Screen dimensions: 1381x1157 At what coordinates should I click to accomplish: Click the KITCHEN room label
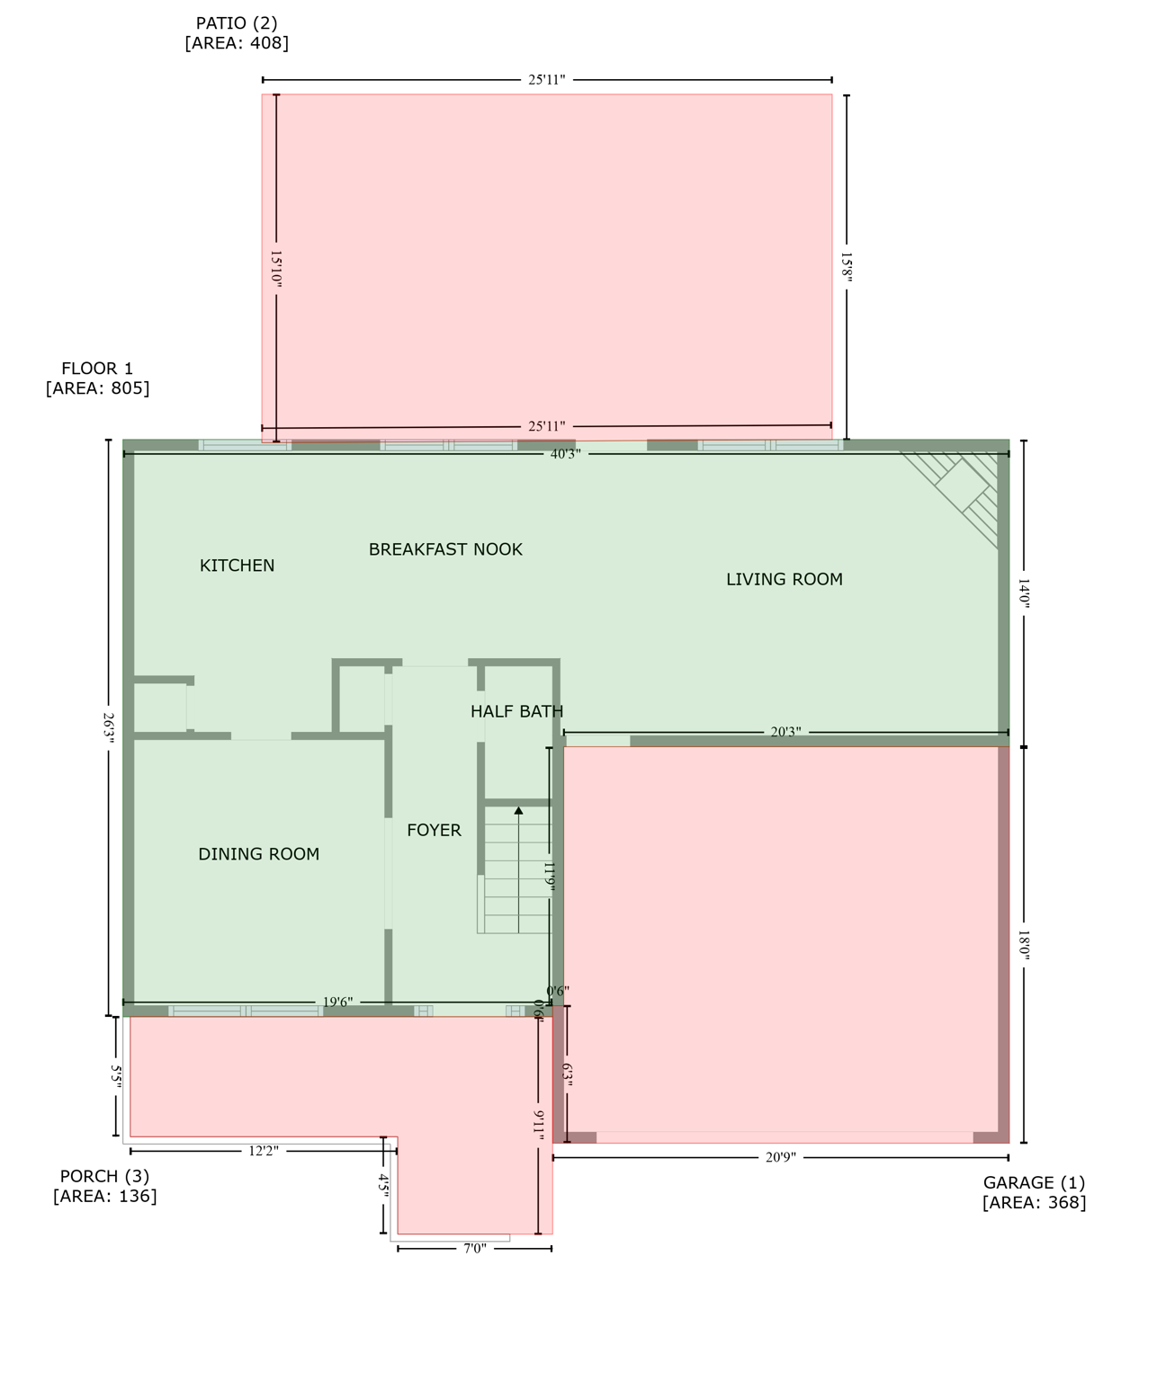tap(237, 566)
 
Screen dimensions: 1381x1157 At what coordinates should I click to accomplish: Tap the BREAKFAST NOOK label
tap(445, 549)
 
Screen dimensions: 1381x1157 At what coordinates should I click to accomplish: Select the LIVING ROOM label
tap(785, 580)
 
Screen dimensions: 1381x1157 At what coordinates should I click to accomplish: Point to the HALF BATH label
tap(516, 712)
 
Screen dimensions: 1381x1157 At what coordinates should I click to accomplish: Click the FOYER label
tap(434, 831)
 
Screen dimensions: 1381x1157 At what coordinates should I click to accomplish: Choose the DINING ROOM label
tap(259, 854)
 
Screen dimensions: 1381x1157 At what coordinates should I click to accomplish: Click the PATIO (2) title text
tap(237, 23)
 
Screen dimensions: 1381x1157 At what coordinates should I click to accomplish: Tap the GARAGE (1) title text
tap(1034, 1183)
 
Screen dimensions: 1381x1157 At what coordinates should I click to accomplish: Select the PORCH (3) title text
tap(104, 1176)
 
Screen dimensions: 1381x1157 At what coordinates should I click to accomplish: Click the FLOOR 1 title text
tap(97, 369)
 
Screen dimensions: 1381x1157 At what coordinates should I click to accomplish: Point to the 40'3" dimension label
tap(566, 454)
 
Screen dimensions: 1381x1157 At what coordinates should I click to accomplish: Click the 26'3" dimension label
tap(109, 727)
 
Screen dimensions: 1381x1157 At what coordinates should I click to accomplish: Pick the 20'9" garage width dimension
tap(781, 1158)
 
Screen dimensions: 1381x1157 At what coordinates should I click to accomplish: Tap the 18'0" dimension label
tap(1024, 946)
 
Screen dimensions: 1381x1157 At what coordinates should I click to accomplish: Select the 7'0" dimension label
tap(475, 1249)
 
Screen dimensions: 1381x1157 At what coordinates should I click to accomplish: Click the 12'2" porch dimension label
tap(264, 1151)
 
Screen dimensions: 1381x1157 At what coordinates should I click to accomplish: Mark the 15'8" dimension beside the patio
tap(847, 267)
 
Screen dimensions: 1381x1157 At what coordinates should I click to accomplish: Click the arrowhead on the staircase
tap(518, 811)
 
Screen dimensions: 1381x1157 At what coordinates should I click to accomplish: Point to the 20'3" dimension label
tap(785, 733)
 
